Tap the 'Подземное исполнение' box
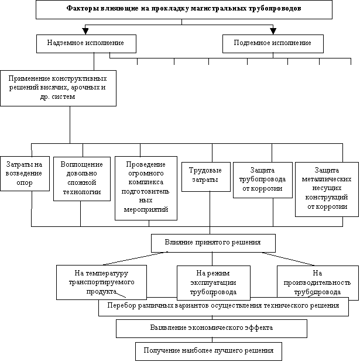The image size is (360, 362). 272,43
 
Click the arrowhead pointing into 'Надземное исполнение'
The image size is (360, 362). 86,30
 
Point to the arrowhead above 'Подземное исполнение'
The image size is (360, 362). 272,30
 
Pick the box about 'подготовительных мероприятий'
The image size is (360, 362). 145,187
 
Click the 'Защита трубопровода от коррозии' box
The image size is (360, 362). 262,179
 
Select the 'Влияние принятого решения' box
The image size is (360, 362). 212,242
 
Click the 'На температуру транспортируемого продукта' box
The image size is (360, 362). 101,281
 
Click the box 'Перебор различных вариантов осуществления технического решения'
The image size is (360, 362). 223,306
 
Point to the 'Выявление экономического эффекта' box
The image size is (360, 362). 211,328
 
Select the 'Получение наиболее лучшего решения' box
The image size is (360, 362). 208,351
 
